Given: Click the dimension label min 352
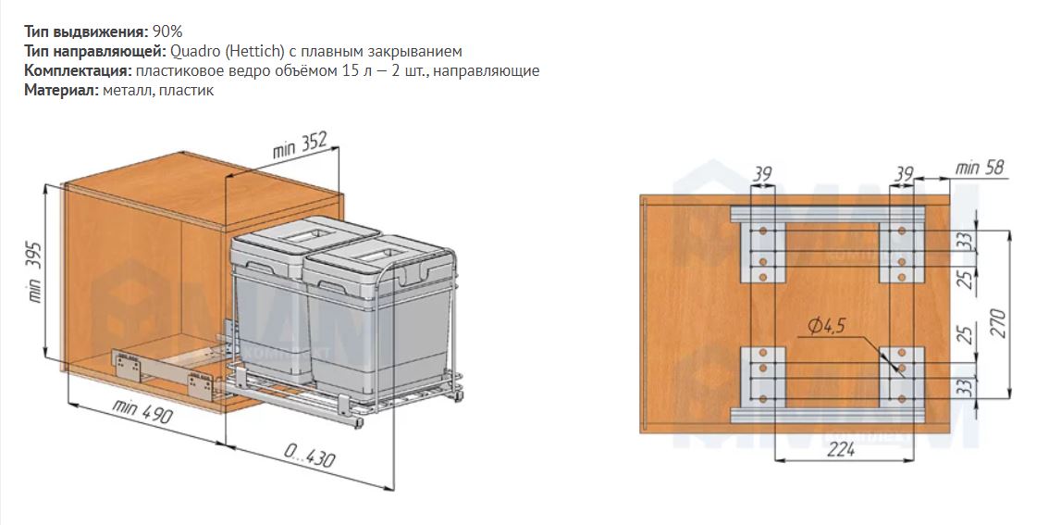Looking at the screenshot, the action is coord(300,144).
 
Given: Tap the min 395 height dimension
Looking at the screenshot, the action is coord(34,272).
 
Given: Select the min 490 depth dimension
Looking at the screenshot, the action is coord(142,411).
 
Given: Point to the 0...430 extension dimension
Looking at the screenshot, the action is coord(309,456).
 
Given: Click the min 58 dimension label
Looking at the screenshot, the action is coord(979,168).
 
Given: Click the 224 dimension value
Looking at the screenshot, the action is coord(841,449).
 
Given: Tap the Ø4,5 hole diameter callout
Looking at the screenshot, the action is coord(826,327).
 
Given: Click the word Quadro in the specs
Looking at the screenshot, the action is coord(191,52).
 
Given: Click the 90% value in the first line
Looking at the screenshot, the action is coord(167,31).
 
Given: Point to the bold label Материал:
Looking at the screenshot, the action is coord(62,90).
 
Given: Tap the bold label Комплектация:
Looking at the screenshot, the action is coord(78,70).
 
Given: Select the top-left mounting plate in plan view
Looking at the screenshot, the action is coord(762,253).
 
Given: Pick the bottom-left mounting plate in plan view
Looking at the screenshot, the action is coord(762,377).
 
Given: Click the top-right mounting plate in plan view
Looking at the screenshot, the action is coord(902,253).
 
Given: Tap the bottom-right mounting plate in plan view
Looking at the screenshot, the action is coord(902,377).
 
